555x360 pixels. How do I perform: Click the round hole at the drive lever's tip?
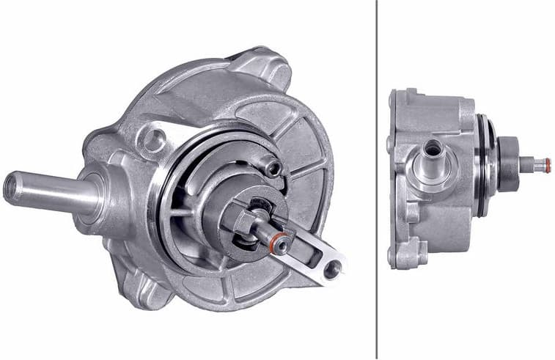332,270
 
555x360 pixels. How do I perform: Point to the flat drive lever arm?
312,253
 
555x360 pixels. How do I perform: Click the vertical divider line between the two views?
377,180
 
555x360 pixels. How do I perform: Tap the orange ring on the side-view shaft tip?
546,165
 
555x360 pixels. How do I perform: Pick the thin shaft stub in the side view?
532,166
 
